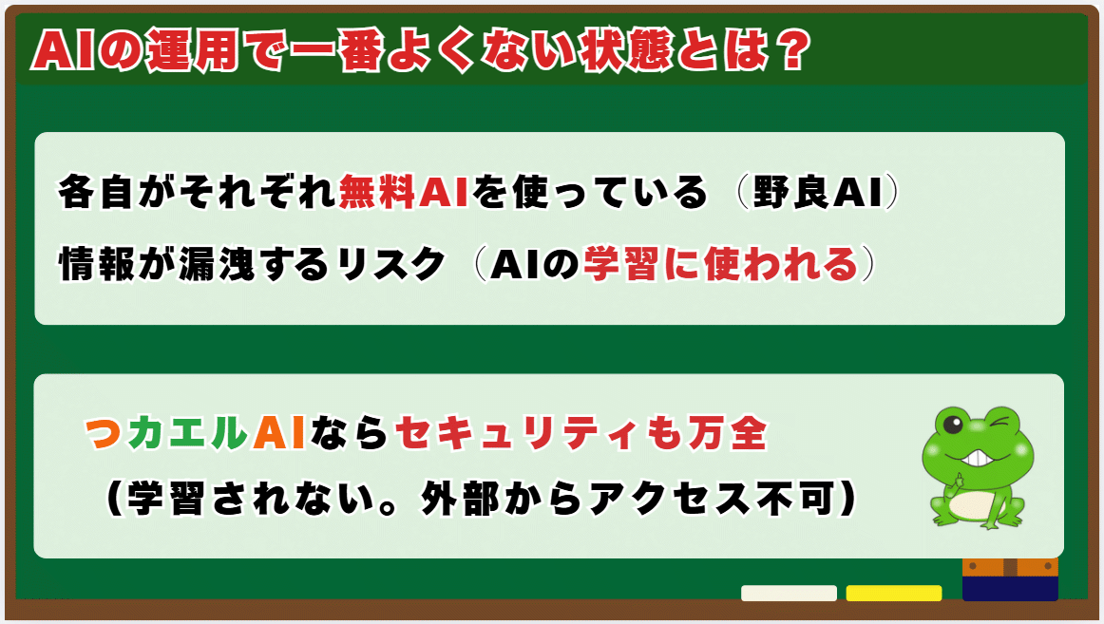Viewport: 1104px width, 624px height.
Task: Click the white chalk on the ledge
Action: click(x=789, y=593)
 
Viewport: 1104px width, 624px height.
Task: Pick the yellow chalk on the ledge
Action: click(x=893, y=593)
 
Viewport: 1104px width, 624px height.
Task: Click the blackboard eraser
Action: click(x=1010, y=579)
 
